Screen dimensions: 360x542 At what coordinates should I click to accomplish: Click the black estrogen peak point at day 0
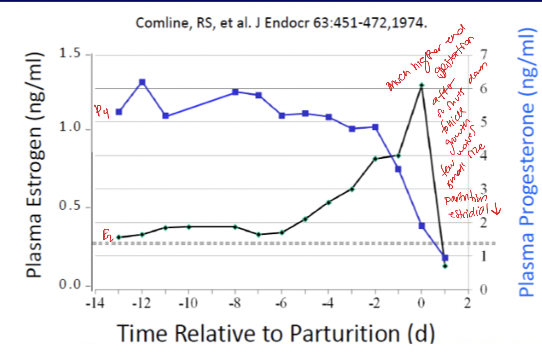pos(422,85)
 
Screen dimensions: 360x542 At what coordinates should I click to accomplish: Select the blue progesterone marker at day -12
pos(142,82)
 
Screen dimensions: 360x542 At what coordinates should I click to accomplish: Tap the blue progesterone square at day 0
pos(422,226)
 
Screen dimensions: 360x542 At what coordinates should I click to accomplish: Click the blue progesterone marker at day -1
pos(398,169)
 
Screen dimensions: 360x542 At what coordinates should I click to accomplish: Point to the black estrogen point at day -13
pos(119,237)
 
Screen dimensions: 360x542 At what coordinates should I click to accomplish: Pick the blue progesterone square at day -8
pos(235,92)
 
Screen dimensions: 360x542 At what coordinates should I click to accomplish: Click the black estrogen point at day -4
pos(329,202)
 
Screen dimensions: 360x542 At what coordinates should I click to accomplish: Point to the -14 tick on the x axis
pos(95,304)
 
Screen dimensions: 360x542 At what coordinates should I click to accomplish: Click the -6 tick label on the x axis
pos(282,304)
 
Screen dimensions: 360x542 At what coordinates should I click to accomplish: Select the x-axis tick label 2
pos(468,304)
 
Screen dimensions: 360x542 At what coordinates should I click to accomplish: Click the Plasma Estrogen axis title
pos(36,164)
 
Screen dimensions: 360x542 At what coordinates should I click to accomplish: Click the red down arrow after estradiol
pos(496,209)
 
